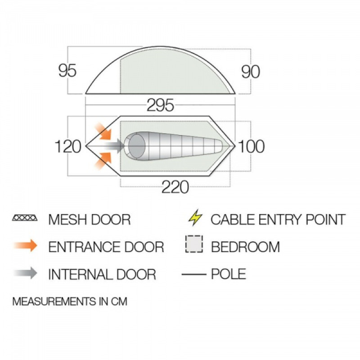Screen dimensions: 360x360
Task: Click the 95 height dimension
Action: [x=67, y=71]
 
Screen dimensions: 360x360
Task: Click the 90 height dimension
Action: [x=251, y=71]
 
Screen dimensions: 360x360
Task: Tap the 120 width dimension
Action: [x=68, y=147]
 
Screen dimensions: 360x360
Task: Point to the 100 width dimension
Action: [x=251, y=147]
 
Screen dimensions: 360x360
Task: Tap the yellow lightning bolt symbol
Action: [x=195, y=219]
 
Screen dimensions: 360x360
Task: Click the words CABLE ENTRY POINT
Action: [x=278, y=220]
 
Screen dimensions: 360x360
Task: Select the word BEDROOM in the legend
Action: [x=245, y=247]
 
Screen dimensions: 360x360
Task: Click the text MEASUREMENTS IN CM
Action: [x=70, y=301]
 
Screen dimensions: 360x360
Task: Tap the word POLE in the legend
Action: [x=229, y=274]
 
